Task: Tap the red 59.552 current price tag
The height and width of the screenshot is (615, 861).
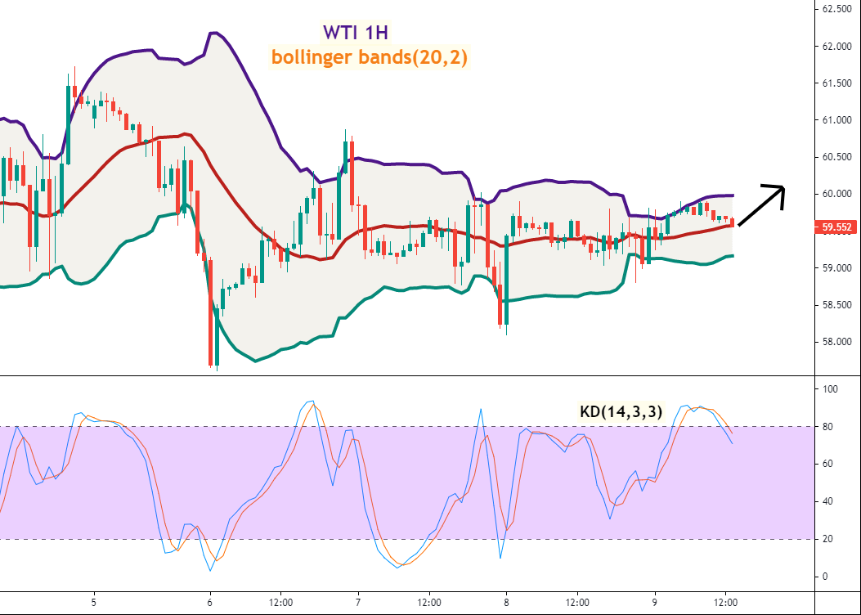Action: click(x=837, y=227)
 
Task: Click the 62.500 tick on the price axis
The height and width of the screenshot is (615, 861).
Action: click(x=837, y=9)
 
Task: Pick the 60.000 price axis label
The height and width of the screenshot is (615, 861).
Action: click(x=837, y=194)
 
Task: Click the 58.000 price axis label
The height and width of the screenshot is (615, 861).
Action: click(x=837, y=342)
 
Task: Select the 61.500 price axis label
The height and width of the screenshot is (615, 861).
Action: click(x=837, y=83)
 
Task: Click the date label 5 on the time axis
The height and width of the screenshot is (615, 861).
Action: click(x=95, y=601)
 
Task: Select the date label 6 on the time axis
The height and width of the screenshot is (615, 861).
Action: click(x=211, y=601)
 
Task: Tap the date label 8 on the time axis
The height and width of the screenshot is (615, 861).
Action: click(x=507, y=601)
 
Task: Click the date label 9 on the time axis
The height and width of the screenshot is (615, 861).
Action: click(x=655, y=601)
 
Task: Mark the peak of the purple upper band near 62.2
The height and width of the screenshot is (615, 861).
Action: click(x=214, y=33)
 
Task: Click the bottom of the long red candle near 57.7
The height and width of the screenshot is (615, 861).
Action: click(x=211, y=364)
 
